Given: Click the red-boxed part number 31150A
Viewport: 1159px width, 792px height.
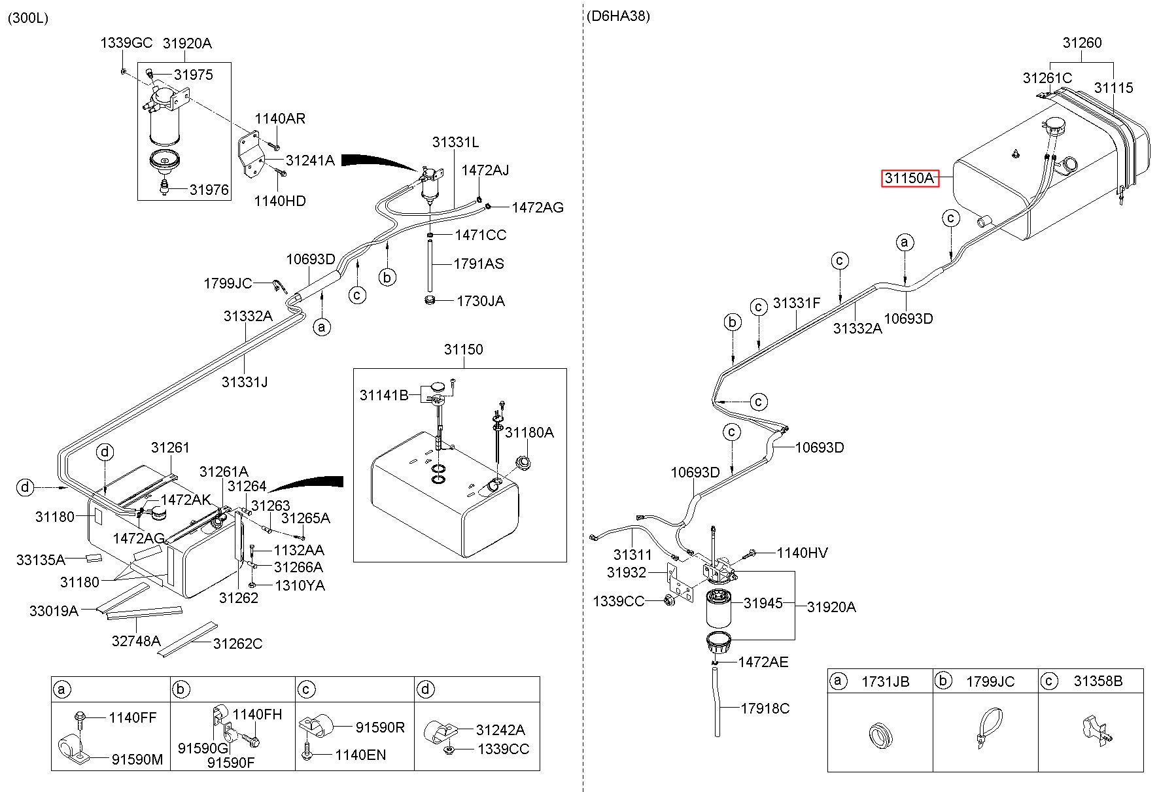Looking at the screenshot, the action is click(x=909, y=178).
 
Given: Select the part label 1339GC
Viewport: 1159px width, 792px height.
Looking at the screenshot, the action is click(x=126, y=43).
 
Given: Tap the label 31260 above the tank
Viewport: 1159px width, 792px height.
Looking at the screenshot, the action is click(x=1082, y=43).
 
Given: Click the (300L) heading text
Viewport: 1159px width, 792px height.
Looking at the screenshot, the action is click(x=27, y=18).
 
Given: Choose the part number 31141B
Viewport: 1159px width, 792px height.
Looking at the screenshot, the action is click(x=384, y=395).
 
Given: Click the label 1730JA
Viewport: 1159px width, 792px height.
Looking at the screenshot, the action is click(x=481, y=301).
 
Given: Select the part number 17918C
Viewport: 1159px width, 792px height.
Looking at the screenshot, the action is click(x=765, y=708).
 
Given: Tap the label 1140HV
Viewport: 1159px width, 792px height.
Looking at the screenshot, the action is click(x=802, y=553).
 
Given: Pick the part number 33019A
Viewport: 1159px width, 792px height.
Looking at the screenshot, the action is click(x=54, y=611).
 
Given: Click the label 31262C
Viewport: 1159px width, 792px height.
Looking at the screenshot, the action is click(x=237, y=644).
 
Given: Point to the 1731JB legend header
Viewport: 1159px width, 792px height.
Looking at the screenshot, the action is click(x=885, y=681).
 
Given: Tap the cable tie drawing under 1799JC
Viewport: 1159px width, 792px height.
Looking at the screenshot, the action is click(x=987, y=731).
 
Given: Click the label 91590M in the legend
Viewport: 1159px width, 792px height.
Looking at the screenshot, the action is click(x=137, y=759).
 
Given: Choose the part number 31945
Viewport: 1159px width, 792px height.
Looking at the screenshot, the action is click(x=763, y=603).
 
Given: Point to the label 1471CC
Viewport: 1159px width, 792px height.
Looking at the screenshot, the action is click(x=481, y=235).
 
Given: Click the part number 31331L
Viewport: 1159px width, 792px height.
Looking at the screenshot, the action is click(x=455, y=142).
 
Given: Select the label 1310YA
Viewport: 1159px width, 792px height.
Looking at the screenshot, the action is click(x=299, y=585).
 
